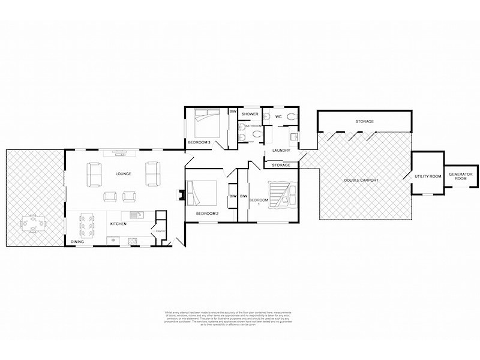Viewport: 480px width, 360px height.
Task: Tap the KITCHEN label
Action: (x=118, y=223)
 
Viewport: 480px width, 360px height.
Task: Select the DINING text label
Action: (x=77, y=242)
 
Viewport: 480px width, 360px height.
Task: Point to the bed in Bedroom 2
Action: (x=203, y=194)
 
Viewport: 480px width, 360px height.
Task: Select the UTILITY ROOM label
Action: (x=428, y=176)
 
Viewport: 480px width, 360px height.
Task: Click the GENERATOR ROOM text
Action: (x=460, y=176)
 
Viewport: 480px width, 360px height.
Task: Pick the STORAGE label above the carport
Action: (x=364, y=122)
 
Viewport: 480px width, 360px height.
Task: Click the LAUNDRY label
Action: (x=281, y=151)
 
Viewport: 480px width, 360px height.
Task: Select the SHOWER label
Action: (x=250, y=113)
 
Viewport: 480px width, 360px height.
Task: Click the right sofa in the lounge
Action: (x=153, y=173)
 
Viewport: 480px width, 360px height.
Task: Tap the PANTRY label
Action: (x=160, y=231)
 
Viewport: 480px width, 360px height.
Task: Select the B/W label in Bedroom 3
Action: (x=232, y=112)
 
